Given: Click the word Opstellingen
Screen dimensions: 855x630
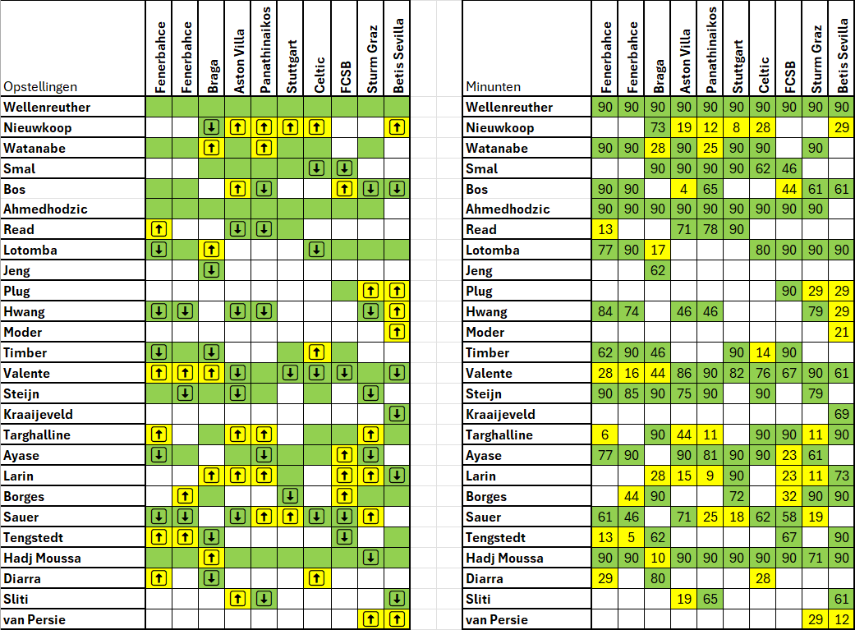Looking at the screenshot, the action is [x=40, y=87].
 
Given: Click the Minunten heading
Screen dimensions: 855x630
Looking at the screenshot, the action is [x=493, y=87].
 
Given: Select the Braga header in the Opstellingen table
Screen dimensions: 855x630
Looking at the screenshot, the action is [x=212, y=76].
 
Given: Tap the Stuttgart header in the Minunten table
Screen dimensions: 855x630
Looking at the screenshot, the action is [x=737, y=67].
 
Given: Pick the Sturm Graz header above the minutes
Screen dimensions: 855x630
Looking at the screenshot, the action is [x=816, y=59].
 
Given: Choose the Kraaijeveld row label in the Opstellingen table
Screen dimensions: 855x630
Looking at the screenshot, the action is [x=38, y=415].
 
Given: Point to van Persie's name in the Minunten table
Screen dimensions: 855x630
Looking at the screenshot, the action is [x=497, y=619].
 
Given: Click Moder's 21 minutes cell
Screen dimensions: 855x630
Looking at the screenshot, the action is [x=841, y=332].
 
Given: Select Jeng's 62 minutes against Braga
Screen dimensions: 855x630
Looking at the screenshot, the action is [x=658, y=270].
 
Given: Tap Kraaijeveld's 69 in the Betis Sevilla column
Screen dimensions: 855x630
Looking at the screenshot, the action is [x=841, y=414].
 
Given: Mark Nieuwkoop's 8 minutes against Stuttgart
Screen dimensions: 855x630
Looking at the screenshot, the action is [x=736, y=127].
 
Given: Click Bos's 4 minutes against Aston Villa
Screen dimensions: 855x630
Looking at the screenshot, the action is [x=684, y=189].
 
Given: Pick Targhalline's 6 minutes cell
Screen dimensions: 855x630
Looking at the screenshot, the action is [x=604, y=435].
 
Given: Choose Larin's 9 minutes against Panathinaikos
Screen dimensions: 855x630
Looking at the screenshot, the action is [x=710, y=476].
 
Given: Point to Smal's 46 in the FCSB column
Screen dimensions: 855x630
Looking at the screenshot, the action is [x=789, y=168].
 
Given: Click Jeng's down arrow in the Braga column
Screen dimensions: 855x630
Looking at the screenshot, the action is [x=212, y=270].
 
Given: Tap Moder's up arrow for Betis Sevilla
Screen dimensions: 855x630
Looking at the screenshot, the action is [x=397, y=332].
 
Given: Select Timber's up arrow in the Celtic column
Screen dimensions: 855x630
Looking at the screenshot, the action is [x=317, y=352].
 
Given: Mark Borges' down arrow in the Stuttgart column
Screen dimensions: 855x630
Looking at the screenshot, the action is [x=291, y=496].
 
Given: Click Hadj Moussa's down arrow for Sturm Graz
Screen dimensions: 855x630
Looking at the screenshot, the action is [x=370, y=558].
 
